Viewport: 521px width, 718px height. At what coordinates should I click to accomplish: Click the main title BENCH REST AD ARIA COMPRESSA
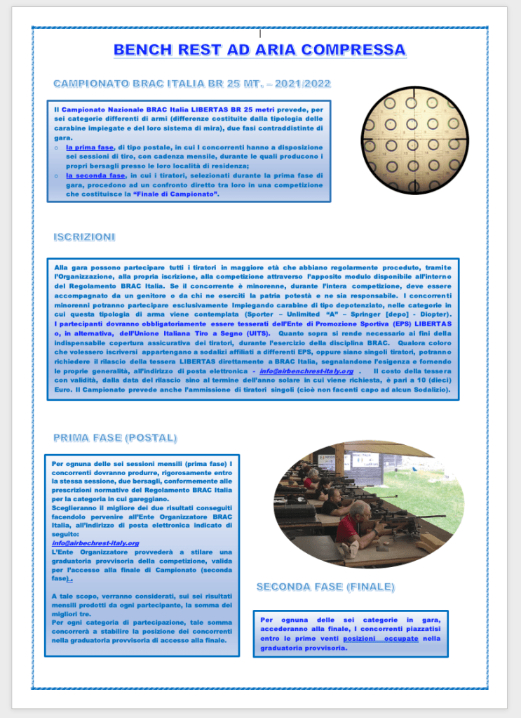[259, 50]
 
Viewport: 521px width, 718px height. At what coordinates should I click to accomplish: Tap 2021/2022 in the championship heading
[303, 84]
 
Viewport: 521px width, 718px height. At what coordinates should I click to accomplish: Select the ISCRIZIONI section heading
[84, 237]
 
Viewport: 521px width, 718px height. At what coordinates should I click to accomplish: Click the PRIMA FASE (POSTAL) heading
[115, 438]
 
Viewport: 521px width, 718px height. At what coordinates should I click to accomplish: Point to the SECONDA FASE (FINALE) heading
[325, 586]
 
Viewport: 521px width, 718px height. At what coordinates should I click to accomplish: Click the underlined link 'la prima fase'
[90, 147]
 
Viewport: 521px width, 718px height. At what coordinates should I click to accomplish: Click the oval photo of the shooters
[368, 504]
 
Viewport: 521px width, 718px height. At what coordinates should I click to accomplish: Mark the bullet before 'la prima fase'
[56, 148]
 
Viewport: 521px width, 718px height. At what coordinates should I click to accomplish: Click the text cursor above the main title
[260, 33]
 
